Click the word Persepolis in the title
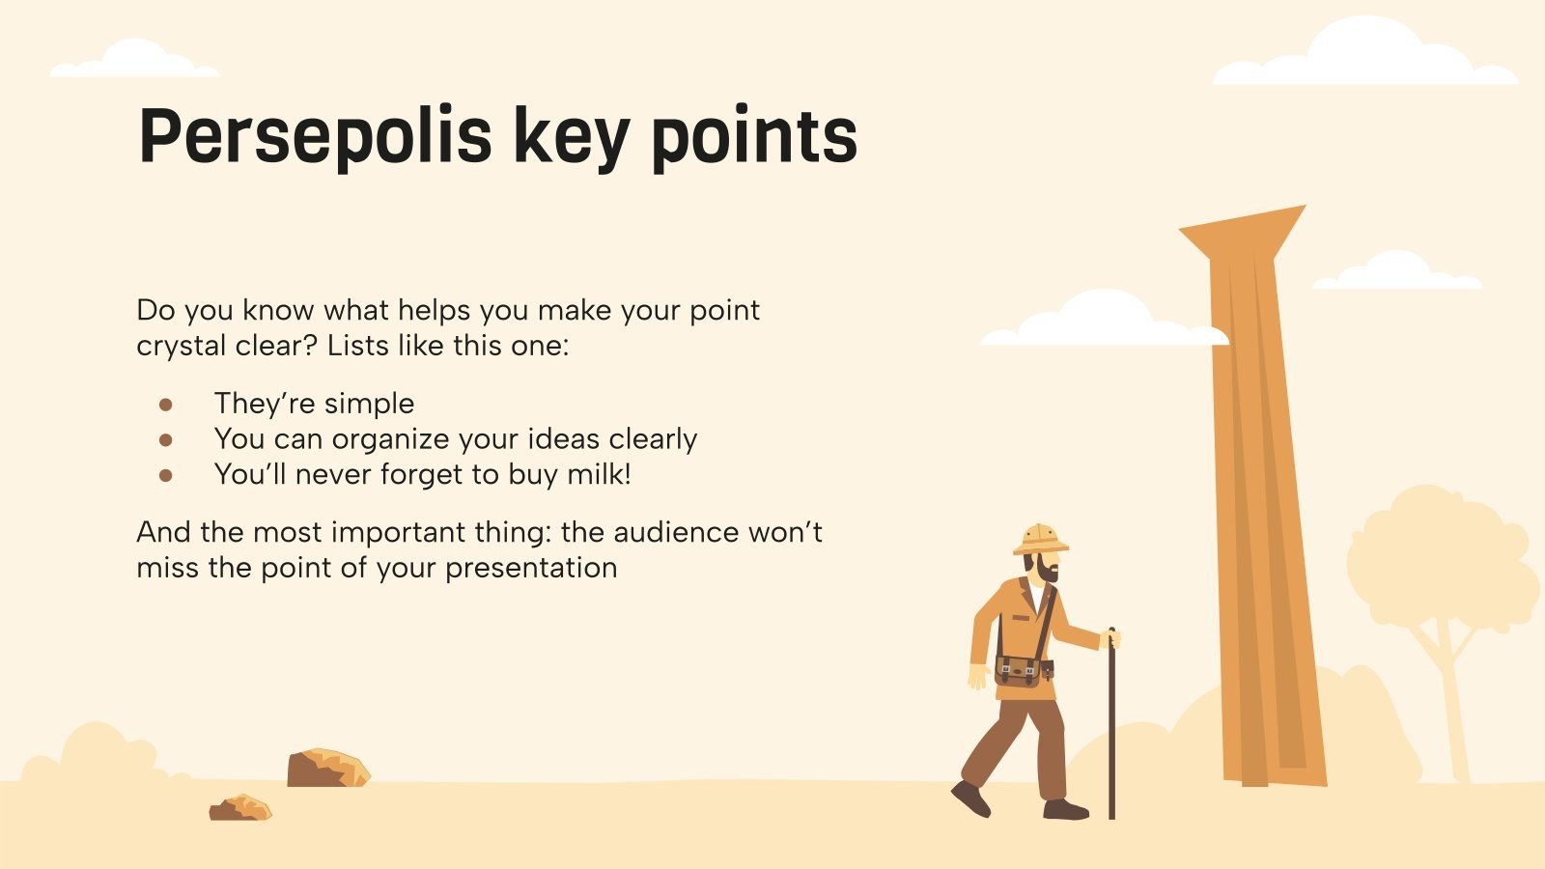tap(315, 137)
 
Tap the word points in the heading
tap(754, 137)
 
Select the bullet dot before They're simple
tap(166, 404)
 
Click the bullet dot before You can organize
tap(166, 439)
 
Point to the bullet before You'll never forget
tap(166, 475)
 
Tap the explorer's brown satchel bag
tap(1019, 669)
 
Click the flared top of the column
tap(1244, 232)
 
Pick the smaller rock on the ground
tap(239, 808)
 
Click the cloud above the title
tap(134, 61)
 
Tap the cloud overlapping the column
tap(1101, 322)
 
